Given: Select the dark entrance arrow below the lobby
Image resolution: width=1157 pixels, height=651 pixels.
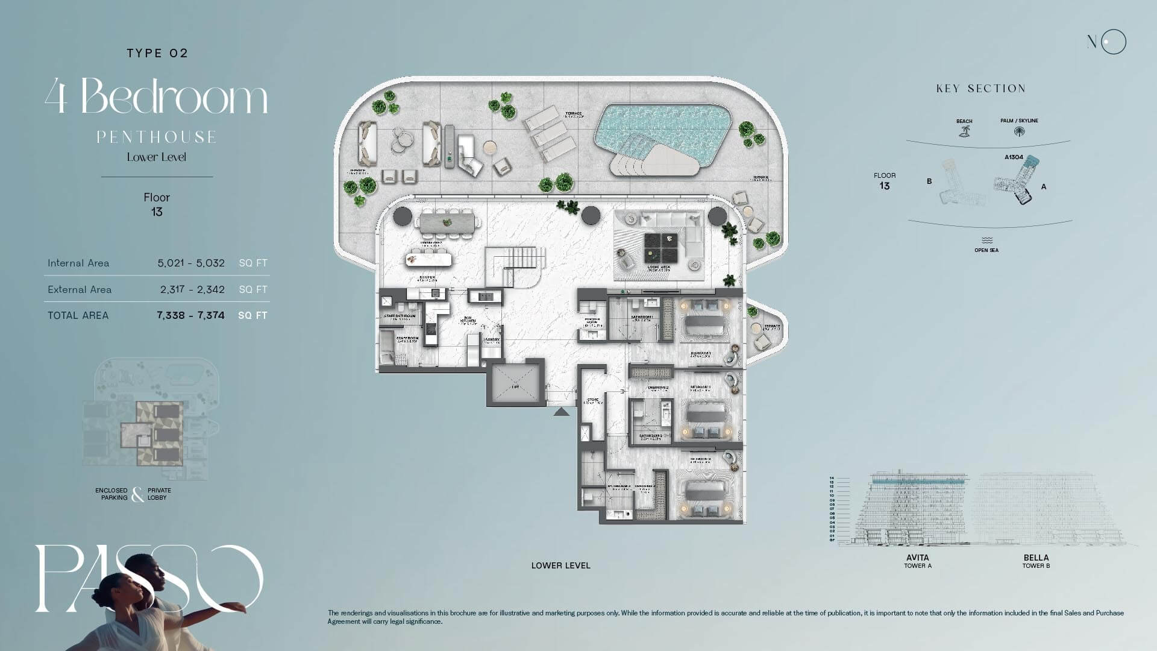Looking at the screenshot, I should tap(561, 412).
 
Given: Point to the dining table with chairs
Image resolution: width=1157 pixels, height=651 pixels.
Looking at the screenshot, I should tap(450, 222).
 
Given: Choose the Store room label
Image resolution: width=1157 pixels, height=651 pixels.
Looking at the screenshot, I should tap(592, 400).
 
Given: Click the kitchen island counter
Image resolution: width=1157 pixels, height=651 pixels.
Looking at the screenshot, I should tap(428, 259).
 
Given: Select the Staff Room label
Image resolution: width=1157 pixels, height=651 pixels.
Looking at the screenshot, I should tap(407, 339).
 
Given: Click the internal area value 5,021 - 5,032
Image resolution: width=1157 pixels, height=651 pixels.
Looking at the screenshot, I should tap(191, 263).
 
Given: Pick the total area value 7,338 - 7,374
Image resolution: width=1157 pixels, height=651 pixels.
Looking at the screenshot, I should tap(190, 315).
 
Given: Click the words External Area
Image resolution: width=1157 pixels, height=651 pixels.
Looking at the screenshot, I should tap(80, 289).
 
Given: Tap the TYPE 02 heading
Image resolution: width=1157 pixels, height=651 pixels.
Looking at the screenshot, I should tap(157, 53).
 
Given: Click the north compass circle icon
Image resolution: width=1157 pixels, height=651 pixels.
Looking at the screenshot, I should tap(1113, 42).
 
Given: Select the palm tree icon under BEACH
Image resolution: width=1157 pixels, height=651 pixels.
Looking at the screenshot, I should tap(964, 131).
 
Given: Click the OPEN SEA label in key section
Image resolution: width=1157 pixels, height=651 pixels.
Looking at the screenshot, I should tap(986, 250).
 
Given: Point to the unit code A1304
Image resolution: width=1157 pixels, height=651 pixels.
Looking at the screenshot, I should tap(1014, 157).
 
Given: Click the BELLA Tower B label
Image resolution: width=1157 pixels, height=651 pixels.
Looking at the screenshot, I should tap(1036, 561).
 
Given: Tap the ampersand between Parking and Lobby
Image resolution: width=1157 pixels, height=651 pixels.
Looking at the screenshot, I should tap(138, 494).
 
